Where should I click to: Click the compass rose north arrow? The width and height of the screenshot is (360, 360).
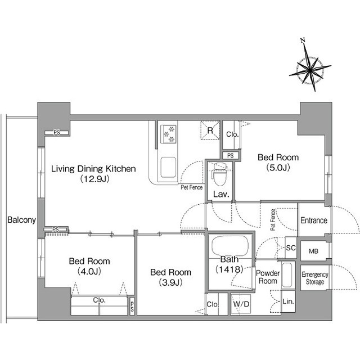click(310, 66)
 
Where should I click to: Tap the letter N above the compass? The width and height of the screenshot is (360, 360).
click(303, 40)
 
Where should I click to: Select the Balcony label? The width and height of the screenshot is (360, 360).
click(21, 220)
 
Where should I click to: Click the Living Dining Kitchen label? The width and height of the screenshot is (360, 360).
click(93, 169)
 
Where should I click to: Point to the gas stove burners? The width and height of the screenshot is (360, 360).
click(169, 134)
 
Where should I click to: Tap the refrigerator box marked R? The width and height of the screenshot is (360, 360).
click(210, 130)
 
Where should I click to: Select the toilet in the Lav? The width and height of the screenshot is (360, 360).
click(220, 174)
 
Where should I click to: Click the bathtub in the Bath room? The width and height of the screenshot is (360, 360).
click(230, 246)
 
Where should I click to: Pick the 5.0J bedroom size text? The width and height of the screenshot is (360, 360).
click(278, 168)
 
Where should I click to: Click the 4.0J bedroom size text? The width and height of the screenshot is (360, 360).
click(89, 271)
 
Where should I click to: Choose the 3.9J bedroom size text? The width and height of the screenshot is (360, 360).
click(170, 282)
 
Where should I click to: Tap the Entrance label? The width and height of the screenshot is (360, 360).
click(314, 220)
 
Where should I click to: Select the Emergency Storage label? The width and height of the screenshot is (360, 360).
click(315, 278)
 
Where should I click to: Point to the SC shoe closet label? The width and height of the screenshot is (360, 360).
click(291, 247)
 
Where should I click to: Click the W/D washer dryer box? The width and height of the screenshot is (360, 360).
click(241, 304)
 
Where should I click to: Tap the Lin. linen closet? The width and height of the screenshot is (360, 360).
click(288, 301)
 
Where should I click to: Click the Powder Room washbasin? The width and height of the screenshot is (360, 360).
click(287, 275)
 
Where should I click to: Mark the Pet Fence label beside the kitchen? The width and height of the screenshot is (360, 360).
click(192, 187)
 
